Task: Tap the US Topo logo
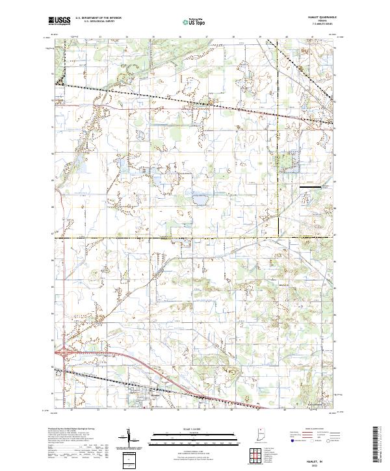pos(191,21)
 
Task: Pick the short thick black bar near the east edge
pos(311,187)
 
